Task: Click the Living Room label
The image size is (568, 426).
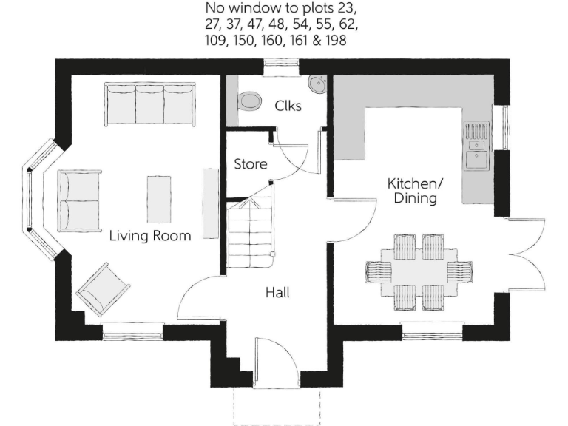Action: click(150, 237)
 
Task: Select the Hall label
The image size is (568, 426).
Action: click(277, 293)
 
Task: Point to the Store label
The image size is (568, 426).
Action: click(251, 164)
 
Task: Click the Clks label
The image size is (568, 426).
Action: click(288, 106)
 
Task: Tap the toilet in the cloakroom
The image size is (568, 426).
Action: click(249, 101)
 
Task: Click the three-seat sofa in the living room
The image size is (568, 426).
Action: click(150, 104)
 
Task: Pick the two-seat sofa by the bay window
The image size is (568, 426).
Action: click(79, 200)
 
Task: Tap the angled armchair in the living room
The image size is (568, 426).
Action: click(104, 287)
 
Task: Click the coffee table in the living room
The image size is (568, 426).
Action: click(159, 198)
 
